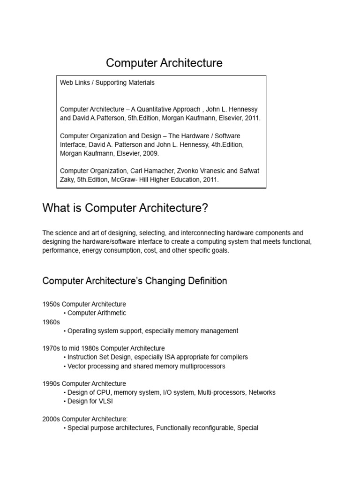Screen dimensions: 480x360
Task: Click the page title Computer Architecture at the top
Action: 164,63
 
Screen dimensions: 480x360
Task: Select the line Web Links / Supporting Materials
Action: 107,82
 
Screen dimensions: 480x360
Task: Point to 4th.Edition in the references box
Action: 225,145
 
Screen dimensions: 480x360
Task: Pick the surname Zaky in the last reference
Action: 67,180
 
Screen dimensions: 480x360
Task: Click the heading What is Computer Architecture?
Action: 125,208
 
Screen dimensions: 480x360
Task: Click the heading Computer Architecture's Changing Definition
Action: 135,281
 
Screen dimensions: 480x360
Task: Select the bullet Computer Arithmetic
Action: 97,313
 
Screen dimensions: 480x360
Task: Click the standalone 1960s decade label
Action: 51,322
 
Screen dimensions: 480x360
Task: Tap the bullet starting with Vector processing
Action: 146,366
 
